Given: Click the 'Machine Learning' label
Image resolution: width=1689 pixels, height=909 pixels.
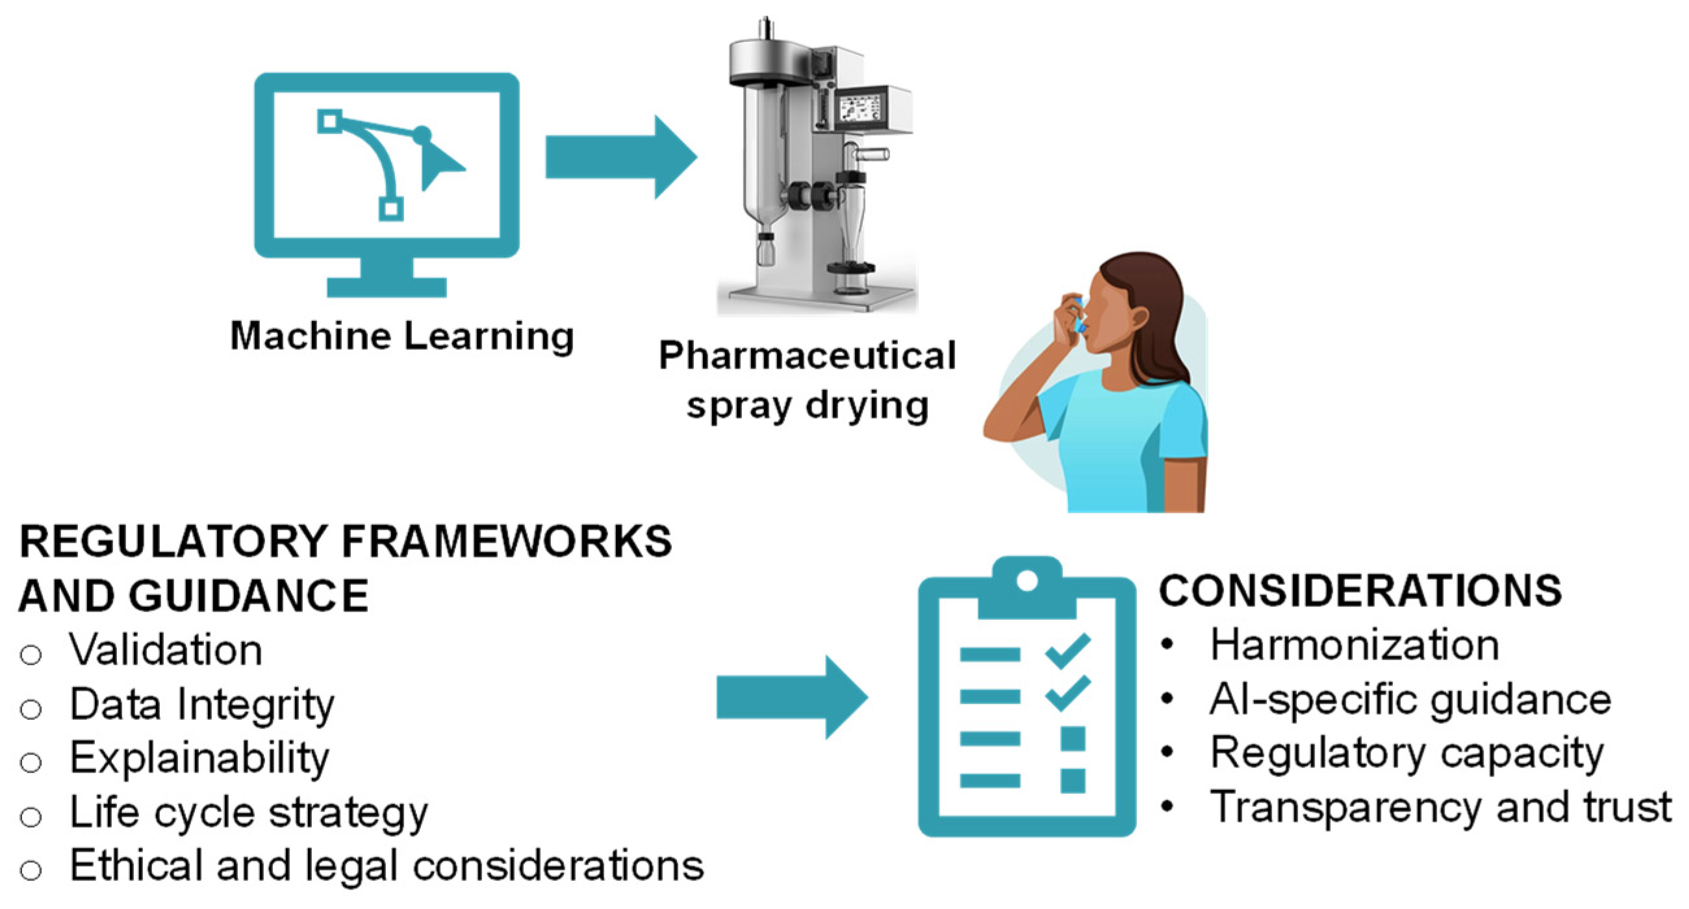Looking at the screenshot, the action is [402, 337].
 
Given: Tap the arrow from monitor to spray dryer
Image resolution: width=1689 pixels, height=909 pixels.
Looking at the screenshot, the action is [620, 157].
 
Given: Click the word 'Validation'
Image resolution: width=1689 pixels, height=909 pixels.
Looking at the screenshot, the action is [166, 650].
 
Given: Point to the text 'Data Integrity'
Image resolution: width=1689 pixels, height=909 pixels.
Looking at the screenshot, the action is [202, 704].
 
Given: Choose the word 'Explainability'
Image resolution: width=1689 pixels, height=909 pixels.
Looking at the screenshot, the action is [199, 758].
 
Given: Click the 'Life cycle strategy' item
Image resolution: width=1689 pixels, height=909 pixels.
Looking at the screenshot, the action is [249, 813].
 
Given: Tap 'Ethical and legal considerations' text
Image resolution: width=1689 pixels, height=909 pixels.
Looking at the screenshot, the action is [387, 865].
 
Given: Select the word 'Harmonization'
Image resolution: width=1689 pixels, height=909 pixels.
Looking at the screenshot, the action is [1354, 645].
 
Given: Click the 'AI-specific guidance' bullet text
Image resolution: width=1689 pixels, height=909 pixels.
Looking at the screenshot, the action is [1410, 699].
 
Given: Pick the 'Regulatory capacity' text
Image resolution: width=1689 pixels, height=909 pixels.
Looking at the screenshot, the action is [1407, 753].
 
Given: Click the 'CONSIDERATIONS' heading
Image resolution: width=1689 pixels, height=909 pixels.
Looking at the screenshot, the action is [1360, 591].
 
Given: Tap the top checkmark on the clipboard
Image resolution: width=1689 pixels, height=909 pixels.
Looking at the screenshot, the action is [1068, 650].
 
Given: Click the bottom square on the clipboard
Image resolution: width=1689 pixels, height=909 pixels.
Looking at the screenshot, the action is [1073, 780].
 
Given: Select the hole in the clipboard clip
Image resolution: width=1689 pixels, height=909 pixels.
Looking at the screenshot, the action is [1027, 580].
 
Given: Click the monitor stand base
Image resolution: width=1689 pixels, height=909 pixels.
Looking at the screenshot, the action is [387, 287].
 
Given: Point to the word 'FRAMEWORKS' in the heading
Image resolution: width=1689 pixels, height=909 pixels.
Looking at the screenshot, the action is [506, 542].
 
